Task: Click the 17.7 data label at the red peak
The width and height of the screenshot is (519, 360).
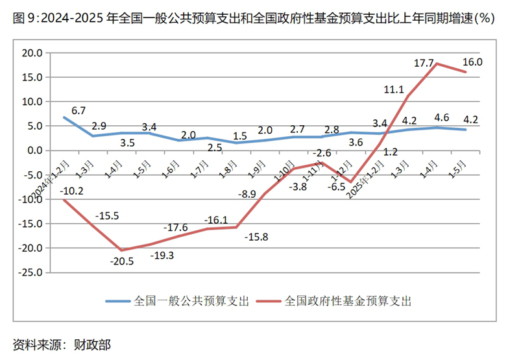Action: pyautogui.click(x=423, y=63)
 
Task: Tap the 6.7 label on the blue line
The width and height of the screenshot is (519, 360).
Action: pyautogui.click(x=78, y=111)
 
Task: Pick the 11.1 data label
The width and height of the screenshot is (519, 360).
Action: pyautogui.click(x=394, y=90)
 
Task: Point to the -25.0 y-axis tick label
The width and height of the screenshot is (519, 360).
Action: pyautogui.click(x=30, y=272)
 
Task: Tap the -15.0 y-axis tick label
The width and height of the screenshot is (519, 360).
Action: pyautogui.click(x=30, y=224)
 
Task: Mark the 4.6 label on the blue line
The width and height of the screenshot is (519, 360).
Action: pyautogui.click(x=442, y=117)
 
